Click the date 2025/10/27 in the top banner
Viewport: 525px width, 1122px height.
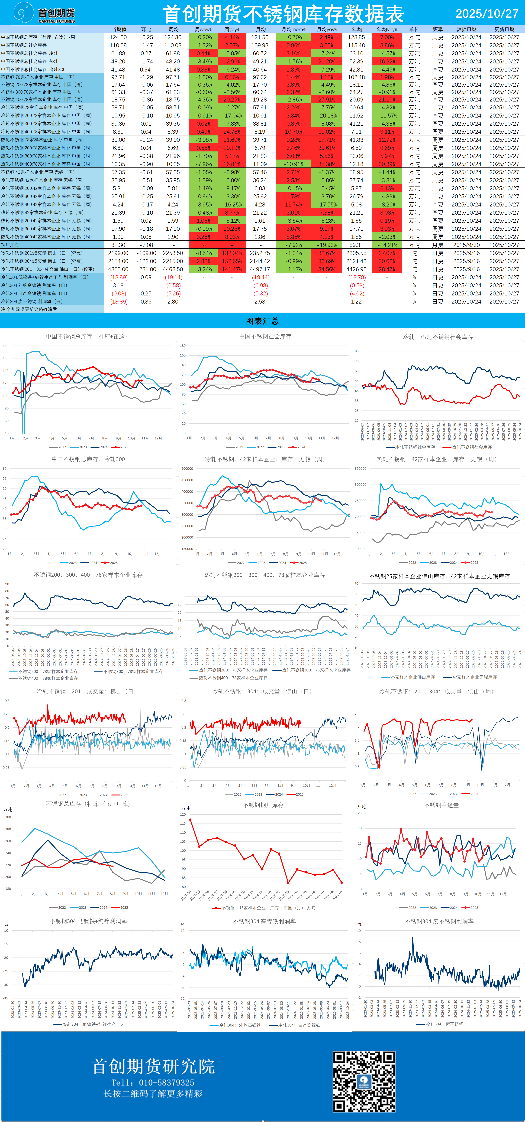[x=487, y=13]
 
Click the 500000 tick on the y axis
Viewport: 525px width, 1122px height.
[x=187, y=469]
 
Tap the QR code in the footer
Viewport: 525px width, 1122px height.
[x=364, y=1081]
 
